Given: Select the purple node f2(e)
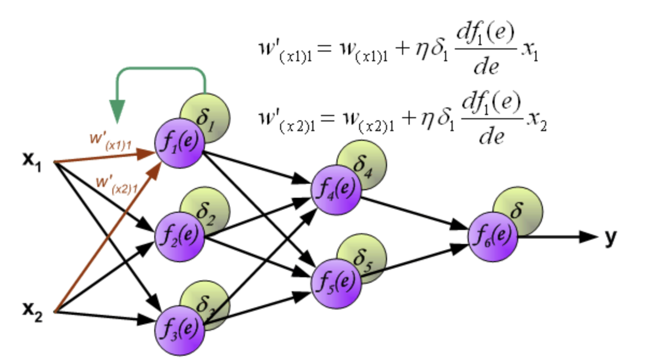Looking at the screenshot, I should (180, 236).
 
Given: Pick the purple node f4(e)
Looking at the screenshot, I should (336, 189).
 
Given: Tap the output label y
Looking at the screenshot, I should (610, 236).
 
